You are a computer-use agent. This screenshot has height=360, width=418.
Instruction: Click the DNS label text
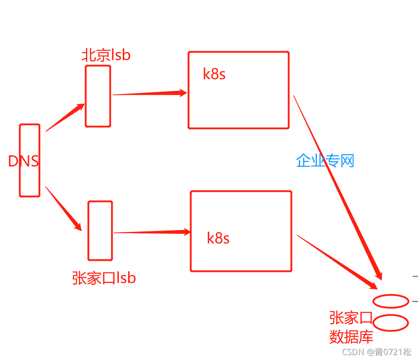pos(23,161)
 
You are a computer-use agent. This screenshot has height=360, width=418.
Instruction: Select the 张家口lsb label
pos(104,278)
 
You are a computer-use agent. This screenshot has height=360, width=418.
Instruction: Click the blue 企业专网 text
pos(325,161)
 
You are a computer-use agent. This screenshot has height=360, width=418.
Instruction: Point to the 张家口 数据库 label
pos(351,327)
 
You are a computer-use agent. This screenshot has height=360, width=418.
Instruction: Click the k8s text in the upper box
pos(214,74)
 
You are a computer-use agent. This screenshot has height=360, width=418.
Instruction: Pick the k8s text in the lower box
pos(218,238)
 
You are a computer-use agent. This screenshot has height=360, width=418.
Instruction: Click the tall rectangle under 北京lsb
pos(98,96)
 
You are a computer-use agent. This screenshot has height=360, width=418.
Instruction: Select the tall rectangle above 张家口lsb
pos(100,231)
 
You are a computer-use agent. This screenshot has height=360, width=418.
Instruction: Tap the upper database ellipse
pos(390,301)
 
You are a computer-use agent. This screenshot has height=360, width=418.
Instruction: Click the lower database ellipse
pos(390,323)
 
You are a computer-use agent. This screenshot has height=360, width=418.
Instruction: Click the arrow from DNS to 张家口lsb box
pos(64,208)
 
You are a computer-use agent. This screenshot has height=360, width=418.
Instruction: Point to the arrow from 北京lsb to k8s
pos(149,93)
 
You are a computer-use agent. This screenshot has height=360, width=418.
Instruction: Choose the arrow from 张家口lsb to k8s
pos(151,232)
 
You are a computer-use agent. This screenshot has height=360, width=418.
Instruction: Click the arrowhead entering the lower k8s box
pos(186,231)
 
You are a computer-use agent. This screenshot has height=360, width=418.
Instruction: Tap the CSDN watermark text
pos(377,352)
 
